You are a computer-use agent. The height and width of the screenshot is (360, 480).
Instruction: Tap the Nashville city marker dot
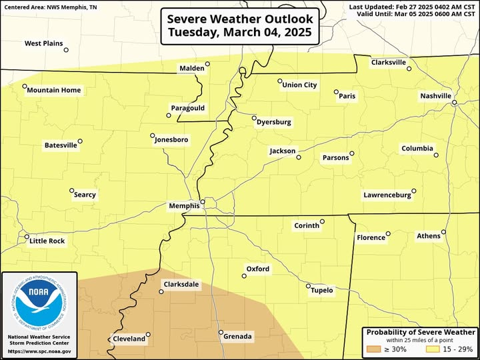coord(453,103)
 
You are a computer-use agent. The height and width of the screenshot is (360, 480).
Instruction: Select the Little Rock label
coord(47,241)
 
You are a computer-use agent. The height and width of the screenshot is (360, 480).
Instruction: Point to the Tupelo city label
coord(321,290)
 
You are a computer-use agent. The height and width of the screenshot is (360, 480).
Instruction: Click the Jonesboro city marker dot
coord(152,135)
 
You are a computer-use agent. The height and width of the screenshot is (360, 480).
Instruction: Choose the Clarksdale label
coord(181,284)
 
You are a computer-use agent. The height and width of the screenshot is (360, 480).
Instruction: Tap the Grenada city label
coord(237,337)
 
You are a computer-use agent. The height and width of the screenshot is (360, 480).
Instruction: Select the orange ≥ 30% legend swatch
coord(374,349)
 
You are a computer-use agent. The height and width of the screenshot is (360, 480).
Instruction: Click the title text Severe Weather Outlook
coord(239,19)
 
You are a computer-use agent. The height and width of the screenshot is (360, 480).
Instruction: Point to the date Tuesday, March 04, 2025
coord(239,32)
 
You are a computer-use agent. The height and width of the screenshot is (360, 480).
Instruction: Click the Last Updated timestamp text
coord(412,7)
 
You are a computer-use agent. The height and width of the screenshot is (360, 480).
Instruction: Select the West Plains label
coord(43,43)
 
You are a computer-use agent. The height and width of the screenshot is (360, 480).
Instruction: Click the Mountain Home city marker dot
coord(25,86)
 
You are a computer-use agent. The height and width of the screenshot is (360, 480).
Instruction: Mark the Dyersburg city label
coord(274,123)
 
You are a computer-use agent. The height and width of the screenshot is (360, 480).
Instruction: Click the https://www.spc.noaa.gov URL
coord(39,351)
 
